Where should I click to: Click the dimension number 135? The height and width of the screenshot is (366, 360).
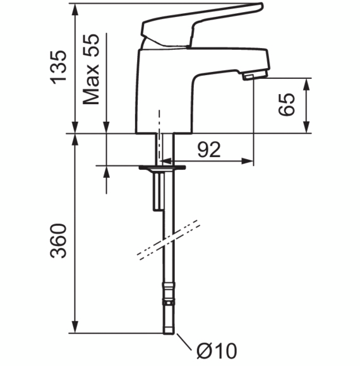[58, 68]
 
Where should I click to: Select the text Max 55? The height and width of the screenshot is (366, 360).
[91, 69]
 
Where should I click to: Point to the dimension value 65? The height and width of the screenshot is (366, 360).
[287, 104]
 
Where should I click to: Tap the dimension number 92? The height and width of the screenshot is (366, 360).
[209, 150]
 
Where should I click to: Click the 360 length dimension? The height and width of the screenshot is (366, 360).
[58, 240]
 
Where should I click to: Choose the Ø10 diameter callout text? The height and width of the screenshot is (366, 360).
[217, 350]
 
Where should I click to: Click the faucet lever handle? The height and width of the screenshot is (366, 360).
[201, 26]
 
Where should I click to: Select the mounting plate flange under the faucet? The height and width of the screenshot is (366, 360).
[162, 167]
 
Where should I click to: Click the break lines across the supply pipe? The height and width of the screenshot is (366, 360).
[169, 240]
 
